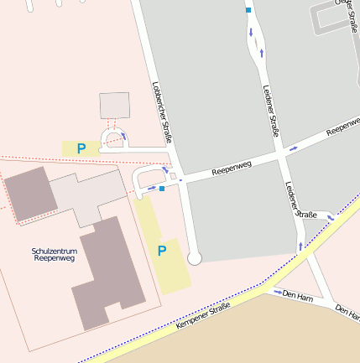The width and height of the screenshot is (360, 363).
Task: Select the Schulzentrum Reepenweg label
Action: click(54, 255)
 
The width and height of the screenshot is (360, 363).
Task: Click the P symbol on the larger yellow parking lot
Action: click(162, 250)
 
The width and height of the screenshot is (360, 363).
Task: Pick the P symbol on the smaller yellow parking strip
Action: click(81, 148)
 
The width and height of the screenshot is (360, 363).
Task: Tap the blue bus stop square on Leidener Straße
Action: click(248, 10)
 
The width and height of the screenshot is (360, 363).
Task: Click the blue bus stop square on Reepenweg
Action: click(161, 189)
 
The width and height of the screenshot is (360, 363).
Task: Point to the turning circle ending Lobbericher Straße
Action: click(195, 259)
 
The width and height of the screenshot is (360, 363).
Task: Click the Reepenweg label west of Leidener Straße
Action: click(232, 168)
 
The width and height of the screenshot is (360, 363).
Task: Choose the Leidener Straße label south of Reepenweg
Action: click(300, 200)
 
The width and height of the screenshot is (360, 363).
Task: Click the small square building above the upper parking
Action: click(115, 106)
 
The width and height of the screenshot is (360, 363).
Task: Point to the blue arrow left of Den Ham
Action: click(276, 293)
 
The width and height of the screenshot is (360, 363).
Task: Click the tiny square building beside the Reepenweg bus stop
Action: click(174, 177)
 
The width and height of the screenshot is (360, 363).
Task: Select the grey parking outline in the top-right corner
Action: click(334, 20)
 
